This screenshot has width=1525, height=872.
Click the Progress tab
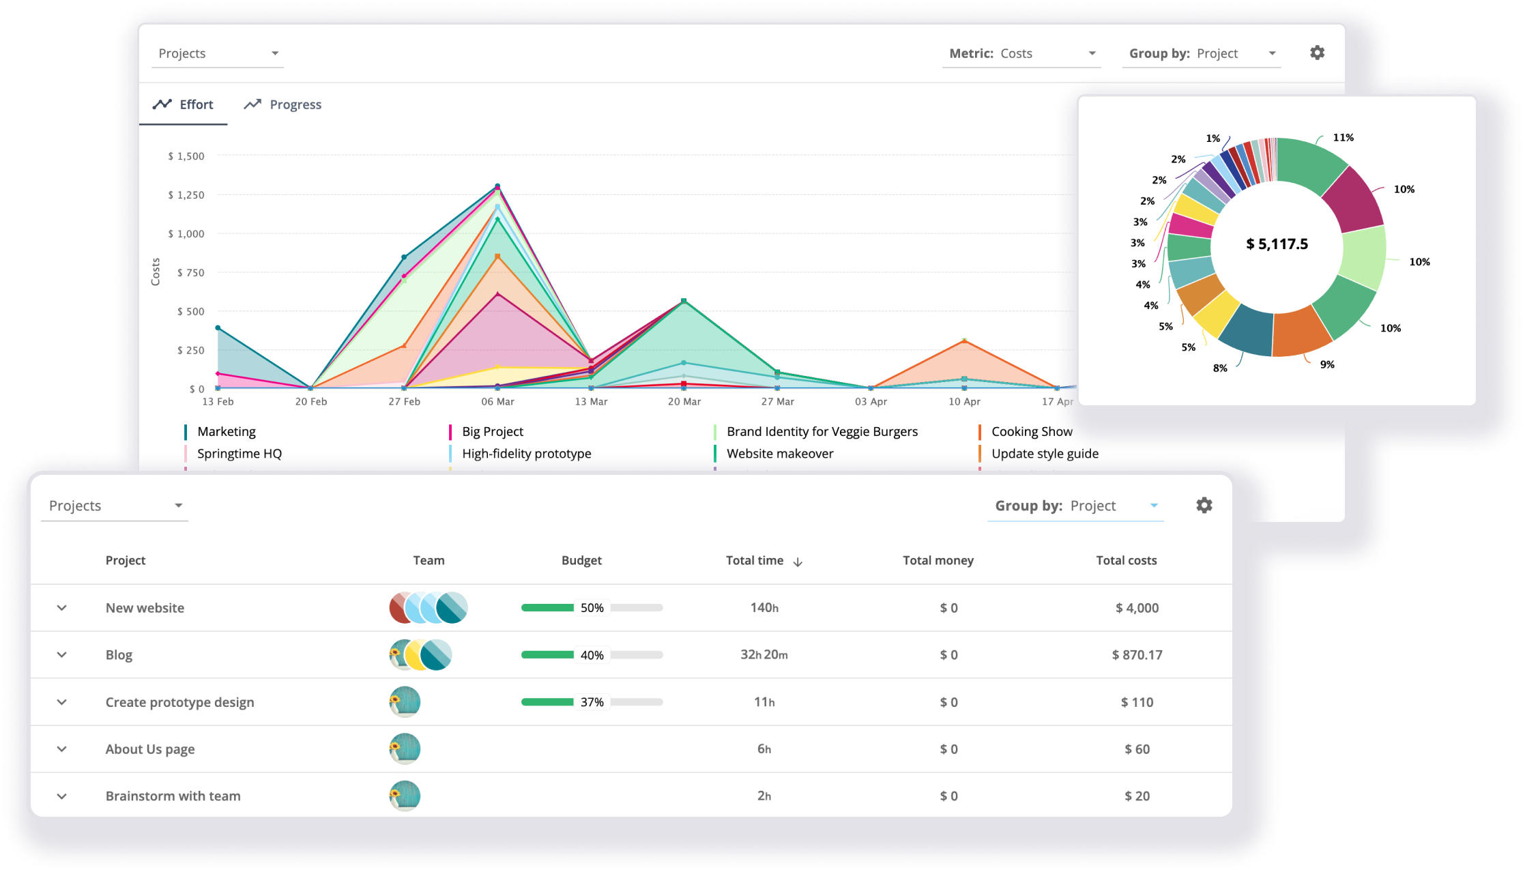point(283,104)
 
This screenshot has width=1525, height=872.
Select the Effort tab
point(183,104)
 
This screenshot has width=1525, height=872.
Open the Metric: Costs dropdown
point(1021,53)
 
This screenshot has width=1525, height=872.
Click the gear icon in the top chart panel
point(1317,53)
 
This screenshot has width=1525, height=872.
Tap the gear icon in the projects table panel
point(1204,505)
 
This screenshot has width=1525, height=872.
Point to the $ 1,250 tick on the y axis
point(186,195)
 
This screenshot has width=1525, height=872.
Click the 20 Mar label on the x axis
point(684,401)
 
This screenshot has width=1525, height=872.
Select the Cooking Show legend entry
point(1031,431)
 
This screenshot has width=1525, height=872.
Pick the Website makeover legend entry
point(779,453)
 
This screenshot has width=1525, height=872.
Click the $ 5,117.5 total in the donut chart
point(1277,244)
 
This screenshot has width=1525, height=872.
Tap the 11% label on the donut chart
point(1343,138)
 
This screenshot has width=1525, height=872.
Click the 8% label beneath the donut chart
point(1220,368)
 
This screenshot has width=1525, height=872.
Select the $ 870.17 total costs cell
point(1137,654)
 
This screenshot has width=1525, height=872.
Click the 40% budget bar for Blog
point(592,654)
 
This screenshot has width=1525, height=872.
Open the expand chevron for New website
point(62,607)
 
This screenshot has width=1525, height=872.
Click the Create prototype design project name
point(179,702)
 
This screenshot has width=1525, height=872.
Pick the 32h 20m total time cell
point(764,654)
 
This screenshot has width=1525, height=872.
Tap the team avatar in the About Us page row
point(405,749)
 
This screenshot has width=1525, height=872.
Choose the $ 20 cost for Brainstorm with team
point(1137,796)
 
